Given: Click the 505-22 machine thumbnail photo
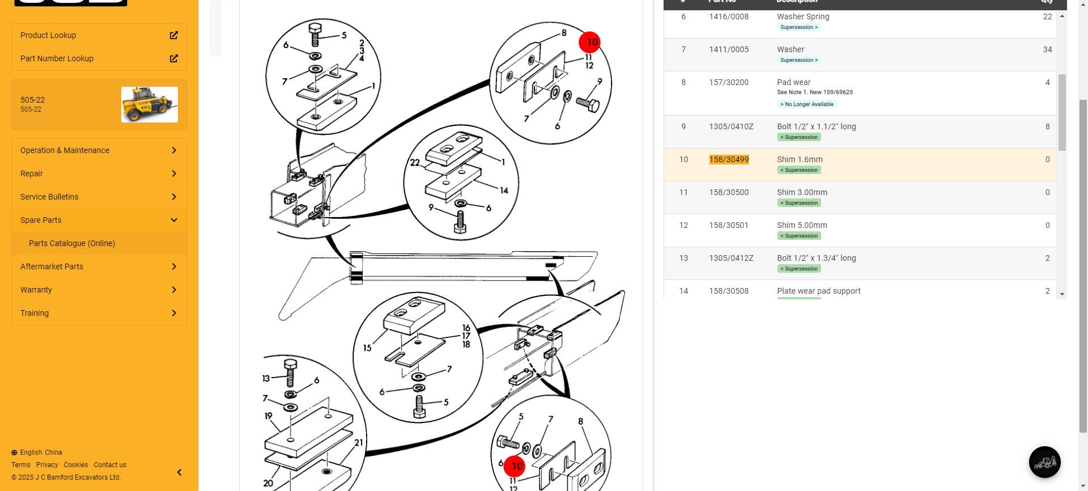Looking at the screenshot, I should pos(149,104).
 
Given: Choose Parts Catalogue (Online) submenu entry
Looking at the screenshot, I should pos(72,243).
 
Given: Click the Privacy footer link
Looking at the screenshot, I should pos(47,465).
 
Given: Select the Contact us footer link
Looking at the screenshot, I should pos(110,465).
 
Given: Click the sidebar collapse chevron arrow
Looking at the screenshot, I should pos(179,472).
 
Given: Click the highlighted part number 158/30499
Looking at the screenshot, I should pos(729,159).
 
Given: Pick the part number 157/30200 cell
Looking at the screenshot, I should pos(729,82).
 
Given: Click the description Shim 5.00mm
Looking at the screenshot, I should pos(802,225).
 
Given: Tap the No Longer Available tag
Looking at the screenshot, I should pos(807,104).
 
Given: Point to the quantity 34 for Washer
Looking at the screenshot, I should pos(1047,49).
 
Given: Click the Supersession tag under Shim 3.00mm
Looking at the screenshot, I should pos(799,203).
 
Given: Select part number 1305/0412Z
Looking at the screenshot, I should pos(731,258).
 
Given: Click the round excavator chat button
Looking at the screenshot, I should pos(1044,462).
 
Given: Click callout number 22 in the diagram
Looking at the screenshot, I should pos(415,163).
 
